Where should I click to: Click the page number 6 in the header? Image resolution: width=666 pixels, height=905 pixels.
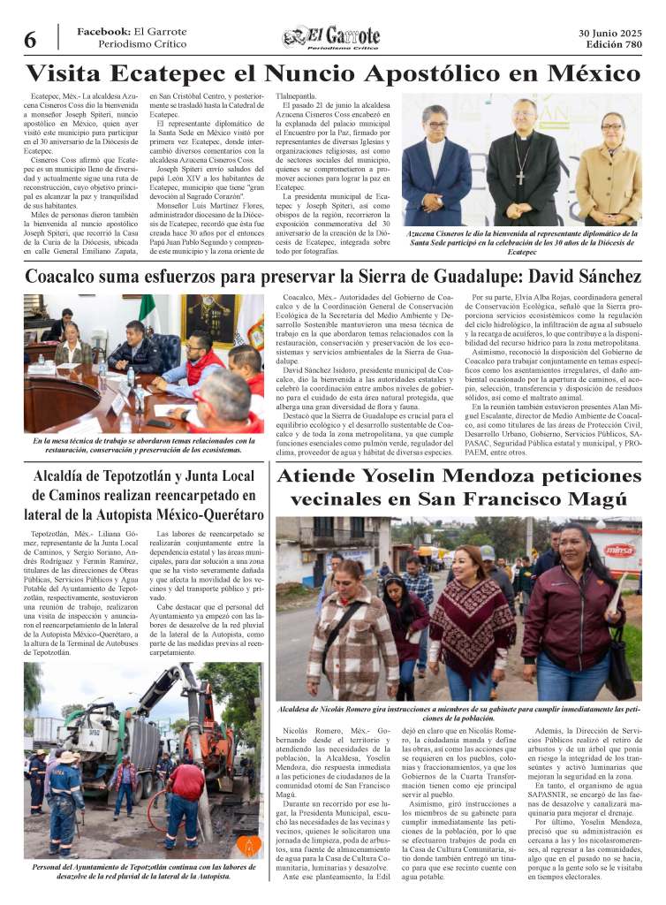pyautogui.click(x=29, y=40)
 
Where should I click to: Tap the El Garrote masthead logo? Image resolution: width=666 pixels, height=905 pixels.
pyautogui.click(x=331, y=37)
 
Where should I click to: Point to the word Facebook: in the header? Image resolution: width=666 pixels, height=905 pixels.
pyautogui.click(x=103, y=32)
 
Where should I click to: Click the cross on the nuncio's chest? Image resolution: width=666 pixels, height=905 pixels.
pyautogui.click(x=526, y=156)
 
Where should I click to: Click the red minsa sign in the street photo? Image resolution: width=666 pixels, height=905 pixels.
pyautogui.click(x=621, y=548)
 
